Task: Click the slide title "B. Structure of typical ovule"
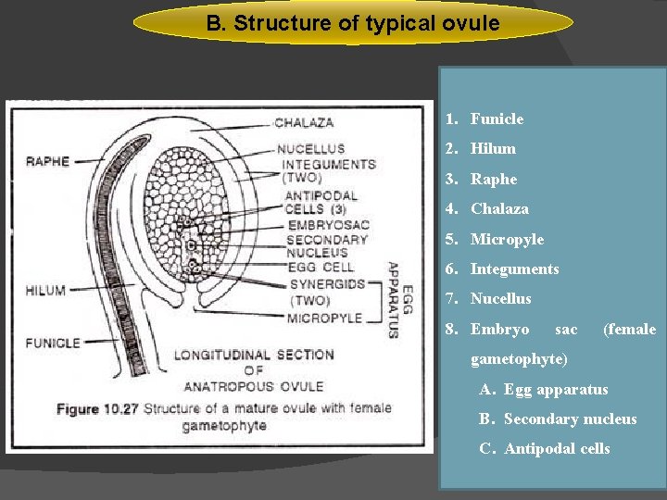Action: click(352, 23)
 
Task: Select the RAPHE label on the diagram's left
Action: click(47, 161)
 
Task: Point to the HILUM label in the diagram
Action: click(45, 290)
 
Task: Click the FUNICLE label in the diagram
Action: click(53, 343)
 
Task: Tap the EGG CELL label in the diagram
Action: click(320, 268)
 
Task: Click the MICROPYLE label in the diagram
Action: click(324, 319)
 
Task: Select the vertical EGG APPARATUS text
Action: click(393, 298)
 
